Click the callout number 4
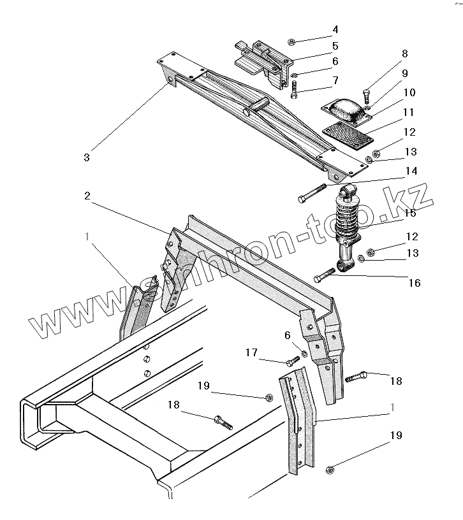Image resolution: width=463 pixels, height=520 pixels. click(x=335, y=30)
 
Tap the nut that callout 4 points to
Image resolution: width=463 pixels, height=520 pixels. click(x=290, y=42)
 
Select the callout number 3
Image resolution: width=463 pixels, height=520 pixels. click(x=87, y=157)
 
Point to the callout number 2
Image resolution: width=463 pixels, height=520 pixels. click(x=87, y=196)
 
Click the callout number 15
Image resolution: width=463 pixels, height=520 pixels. click(x=409, y=213)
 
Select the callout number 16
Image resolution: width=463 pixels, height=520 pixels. click(x=415, y=282)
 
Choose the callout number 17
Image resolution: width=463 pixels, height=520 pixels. click(x=252, y=352)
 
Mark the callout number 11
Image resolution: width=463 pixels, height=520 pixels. click(x=409, y=113)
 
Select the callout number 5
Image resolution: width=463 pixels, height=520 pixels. click(x=335, y=46)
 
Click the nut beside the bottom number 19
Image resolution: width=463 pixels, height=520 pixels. click(x=330, y=470)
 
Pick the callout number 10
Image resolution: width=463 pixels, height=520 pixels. click(x=409, y=93)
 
